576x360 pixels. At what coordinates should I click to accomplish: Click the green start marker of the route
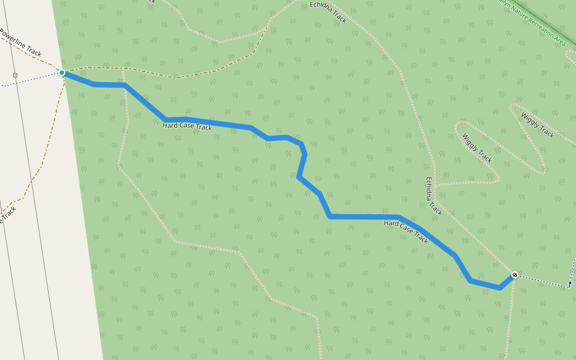62,73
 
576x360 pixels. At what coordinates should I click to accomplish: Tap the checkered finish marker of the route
514,275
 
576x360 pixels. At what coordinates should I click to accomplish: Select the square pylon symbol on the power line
16,75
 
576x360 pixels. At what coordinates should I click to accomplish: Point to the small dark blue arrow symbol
569,284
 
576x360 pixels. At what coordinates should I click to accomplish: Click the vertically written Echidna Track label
434,196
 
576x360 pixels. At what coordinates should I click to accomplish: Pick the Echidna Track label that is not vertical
328,12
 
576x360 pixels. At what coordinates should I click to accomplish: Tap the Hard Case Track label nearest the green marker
187,127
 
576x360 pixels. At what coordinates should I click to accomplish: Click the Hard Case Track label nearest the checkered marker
406,232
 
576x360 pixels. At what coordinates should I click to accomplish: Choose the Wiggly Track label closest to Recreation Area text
538,125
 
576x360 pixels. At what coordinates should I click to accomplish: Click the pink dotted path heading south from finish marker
511,318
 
